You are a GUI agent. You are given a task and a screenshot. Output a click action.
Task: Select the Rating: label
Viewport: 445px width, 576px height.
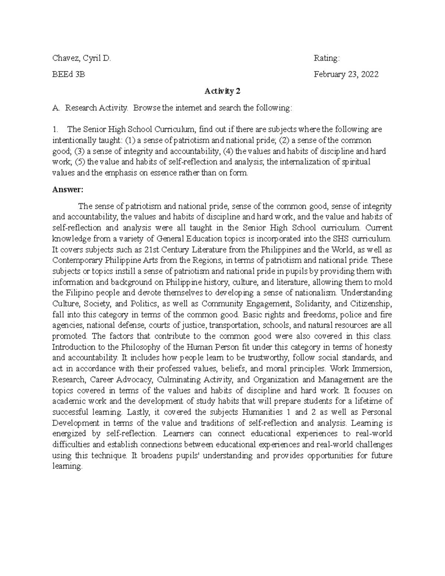[326, 58]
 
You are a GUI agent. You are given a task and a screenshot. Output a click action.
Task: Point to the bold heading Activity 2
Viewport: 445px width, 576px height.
[222, 91]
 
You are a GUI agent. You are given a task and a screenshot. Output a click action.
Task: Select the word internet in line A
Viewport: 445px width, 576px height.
[188, 108]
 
